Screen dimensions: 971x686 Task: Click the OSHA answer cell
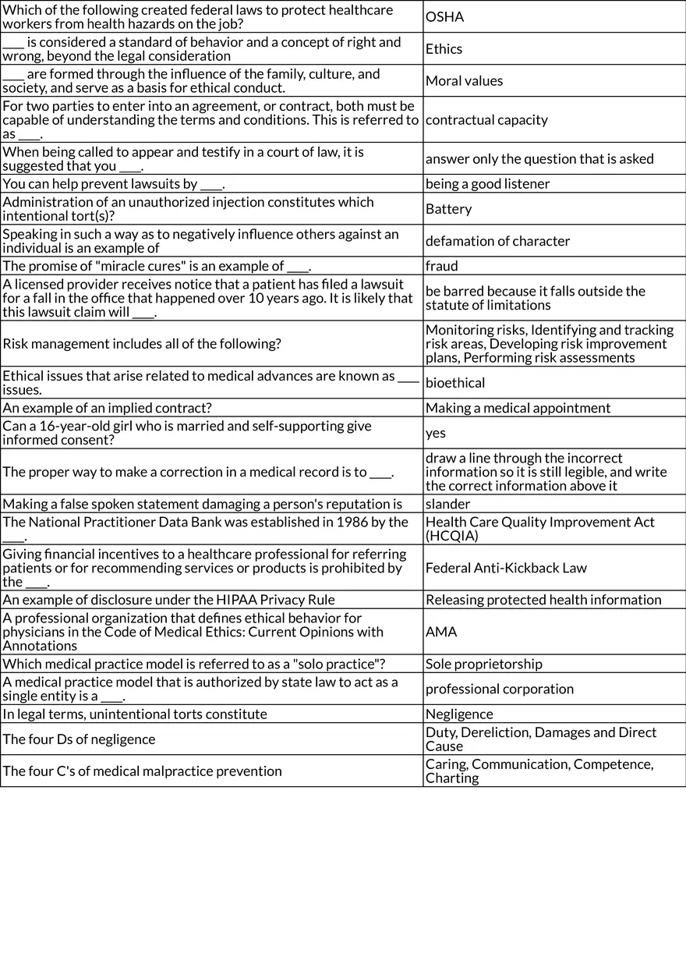(x=445, y=16)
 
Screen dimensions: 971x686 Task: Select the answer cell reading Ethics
(x=444, y=48)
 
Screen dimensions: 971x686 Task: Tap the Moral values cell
(x=465, y=80)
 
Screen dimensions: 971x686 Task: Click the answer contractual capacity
(x=487, y=119)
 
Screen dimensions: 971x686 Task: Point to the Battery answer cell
(x=449, y=208)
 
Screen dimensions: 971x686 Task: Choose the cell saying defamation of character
(x=498, y=240)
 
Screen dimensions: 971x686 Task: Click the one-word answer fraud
(x=442, y=265)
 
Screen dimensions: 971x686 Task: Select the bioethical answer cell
(x=455, y=382)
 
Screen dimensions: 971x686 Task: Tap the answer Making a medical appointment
(x=518, y=407)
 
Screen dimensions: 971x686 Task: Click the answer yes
(x=436, y=432)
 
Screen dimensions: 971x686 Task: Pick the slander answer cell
(x=448, y=503)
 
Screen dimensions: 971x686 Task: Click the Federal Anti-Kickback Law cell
(x=507, y=567)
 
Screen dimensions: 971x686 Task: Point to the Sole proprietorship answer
(x=484, y=664)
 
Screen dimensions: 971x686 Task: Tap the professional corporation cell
(x=500, y=689)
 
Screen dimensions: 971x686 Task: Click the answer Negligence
(x=459, y=714)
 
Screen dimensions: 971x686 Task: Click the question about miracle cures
(x=157, y=265)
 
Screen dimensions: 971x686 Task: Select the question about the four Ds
(x=79, y=739)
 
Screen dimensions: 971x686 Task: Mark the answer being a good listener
(x=488, y=183)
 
